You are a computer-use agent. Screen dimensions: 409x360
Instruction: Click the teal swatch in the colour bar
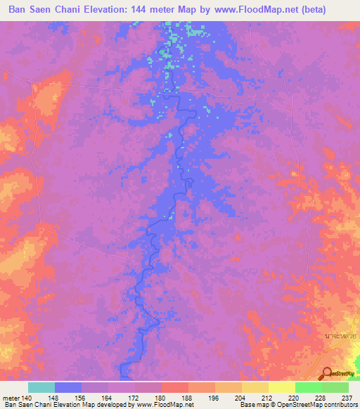pos(41,387)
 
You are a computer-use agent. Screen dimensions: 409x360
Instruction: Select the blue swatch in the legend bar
pos(68,387)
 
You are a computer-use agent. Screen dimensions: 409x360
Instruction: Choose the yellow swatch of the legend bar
pos(281,387)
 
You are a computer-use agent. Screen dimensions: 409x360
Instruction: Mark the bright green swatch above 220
pos(308,387)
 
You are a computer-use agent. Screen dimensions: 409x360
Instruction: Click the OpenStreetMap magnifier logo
pos(326,374)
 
